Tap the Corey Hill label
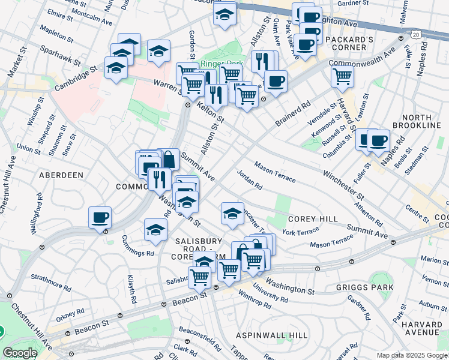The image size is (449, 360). click(x=312, y=219)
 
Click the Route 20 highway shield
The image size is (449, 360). click(x=416, y=35)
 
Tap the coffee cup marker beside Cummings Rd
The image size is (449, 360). click(x=100, y=217)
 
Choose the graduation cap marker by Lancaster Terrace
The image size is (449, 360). click(x=232, y=212)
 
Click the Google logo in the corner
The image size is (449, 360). click(x=20, y=353)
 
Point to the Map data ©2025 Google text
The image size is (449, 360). click(x=411, y=355)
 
